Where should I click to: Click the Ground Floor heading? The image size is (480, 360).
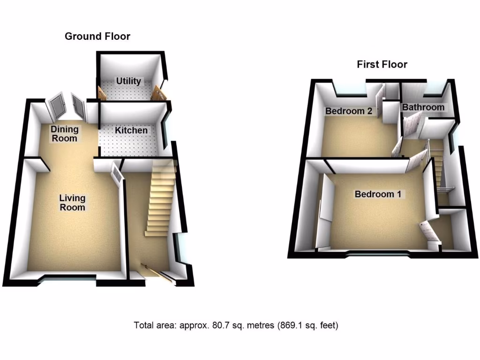coord(97,37)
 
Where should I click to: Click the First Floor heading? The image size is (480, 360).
coord(382,64)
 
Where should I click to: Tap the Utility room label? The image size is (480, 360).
coord(128,81)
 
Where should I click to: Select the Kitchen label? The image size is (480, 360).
coord(132,130)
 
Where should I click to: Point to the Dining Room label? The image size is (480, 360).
coord(65,134)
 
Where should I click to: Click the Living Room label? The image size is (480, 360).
coord(72,202)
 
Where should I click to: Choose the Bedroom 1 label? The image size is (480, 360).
coord(378,194)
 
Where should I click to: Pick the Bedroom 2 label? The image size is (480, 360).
coord(349,111)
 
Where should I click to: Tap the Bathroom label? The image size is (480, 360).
coord(423,107)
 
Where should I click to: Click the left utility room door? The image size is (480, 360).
coord(101,92)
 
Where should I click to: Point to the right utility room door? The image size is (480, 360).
coord(159,93)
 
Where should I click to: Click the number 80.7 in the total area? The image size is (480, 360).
coord(210,325)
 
